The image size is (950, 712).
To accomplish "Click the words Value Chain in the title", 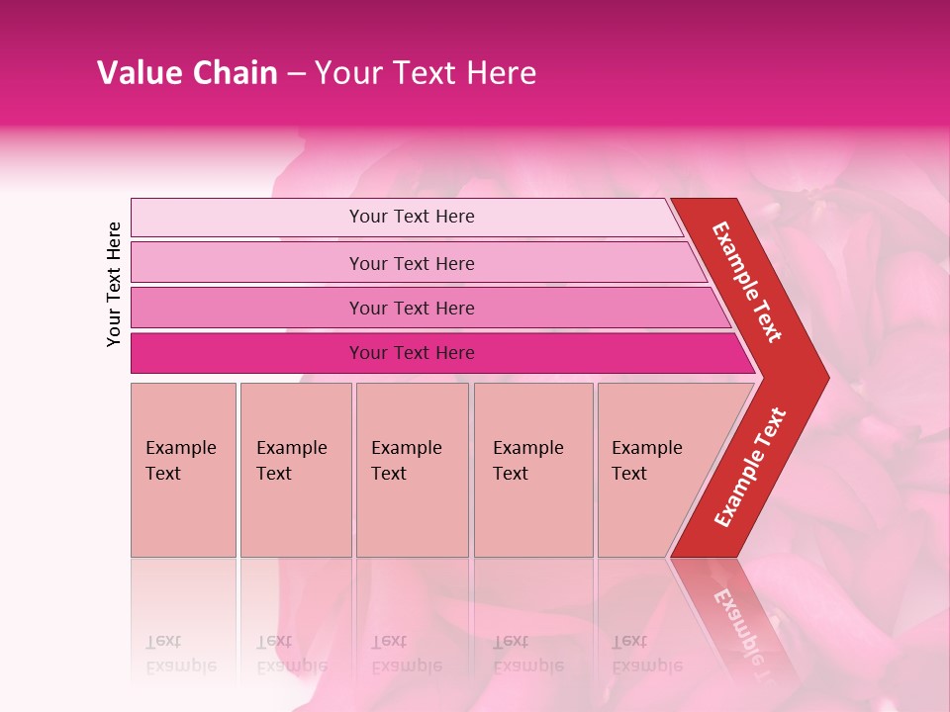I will (187, 73).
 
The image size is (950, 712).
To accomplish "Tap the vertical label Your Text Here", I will (114, 284).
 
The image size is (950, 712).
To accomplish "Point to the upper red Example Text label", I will (747, 282).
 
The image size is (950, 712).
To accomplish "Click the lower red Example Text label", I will (749, 468).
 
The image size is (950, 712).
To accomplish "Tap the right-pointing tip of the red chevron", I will (819, 377).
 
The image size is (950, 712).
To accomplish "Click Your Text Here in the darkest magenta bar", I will (412, 353).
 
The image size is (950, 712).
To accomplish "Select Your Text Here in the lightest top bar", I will (412, 217).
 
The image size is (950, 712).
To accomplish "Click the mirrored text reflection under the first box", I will (180, 654).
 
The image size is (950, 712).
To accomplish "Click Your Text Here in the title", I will (426, 73).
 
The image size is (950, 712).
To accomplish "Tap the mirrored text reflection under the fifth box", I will (646, 654).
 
